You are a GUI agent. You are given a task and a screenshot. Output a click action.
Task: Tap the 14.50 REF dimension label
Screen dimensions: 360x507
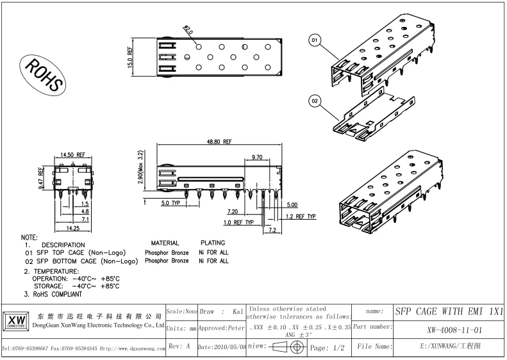[72, 155]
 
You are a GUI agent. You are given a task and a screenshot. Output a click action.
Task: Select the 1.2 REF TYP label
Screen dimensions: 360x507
[301, 217]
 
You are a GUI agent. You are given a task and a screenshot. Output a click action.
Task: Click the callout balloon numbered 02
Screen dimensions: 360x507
[315, 101]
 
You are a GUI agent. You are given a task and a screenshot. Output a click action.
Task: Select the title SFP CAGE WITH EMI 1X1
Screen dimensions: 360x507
[449, 311]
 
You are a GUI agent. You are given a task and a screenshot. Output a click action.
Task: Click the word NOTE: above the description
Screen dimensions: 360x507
[29, 238]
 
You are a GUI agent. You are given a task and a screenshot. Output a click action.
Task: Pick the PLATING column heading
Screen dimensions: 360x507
[213, 244]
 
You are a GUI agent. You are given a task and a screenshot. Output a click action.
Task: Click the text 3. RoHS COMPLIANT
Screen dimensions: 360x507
[53, 294]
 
